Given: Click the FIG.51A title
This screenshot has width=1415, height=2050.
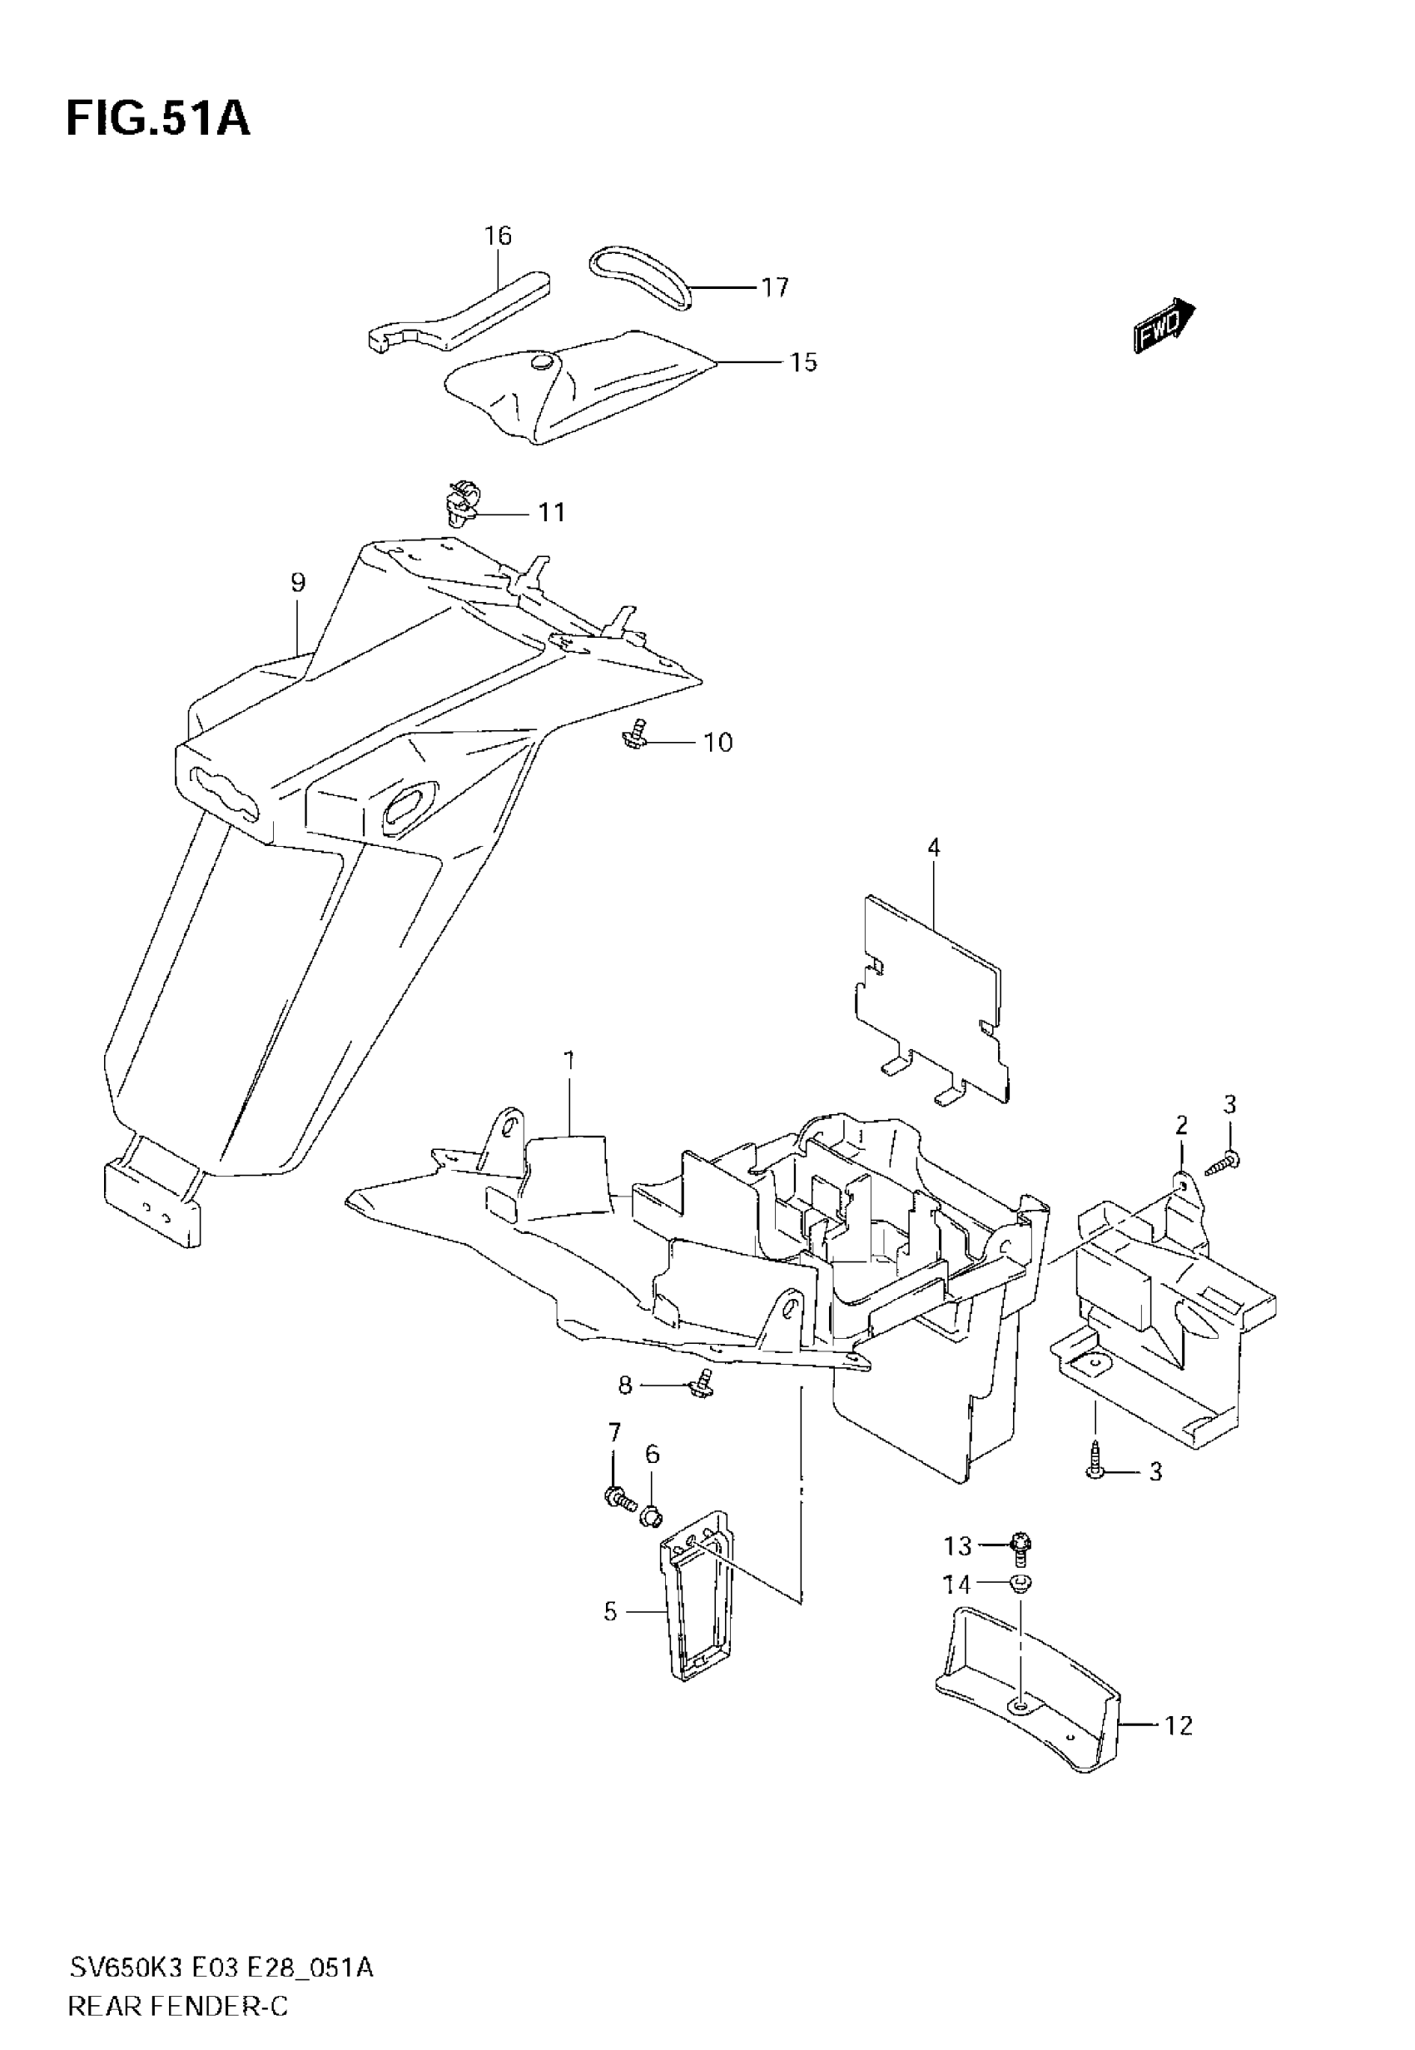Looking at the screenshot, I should pos(158,120).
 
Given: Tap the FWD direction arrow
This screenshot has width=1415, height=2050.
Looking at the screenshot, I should pos(1164,326).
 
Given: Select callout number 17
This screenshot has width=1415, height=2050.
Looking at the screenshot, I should pos(774,287).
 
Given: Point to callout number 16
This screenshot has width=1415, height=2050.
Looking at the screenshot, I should pos(499,236).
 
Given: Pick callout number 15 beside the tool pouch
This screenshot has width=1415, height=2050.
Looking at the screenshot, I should pos(803,363).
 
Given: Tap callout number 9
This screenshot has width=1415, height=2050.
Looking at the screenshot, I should pos(298,583).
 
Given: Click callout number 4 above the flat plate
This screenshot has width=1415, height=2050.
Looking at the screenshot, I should pos(933,848).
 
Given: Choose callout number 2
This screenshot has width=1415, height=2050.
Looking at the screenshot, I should pos(1181,1125).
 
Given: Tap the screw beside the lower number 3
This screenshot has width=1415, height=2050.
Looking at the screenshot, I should pos(1096,1470).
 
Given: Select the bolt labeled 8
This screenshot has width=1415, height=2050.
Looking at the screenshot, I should pos(703,1382).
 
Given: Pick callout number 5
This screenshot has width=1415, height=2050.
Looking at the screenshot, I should pos(610,1611).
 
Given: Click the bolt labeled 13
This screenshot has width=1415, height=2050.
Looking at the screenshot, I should pos(1020,1548).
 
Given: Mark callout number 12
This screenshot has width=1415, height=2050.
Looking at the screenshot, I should pos(1179,1725).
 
